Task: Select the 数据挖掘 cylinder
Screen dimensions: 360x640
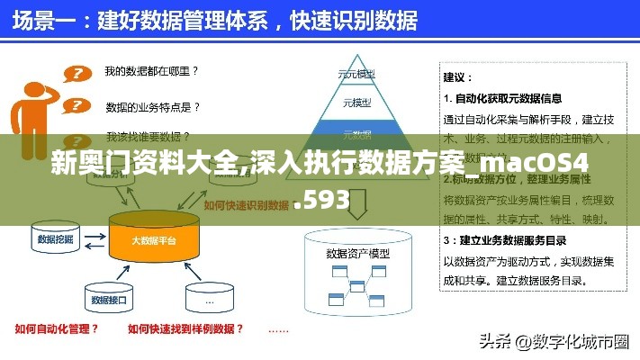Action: [55, 240]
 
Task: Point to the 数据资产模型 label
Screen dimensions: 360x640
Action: [357, 253]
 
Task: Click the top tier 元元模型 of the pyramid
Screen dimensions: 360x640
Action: [356, 74]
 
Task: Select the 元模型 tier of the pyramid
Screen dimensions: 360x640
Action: [356, 103]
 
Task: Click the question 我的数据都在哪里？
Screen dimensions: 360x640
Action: [151, 69]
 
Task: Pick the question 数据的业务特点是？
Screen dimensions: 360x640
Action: [152, 106]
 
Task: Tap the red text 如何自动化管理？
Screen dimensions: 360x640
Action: [57, 329]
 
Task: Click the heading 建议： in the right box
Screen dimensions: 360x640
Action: [458, 77]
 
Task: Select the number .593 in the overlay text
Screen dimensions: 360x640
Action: [321, 201]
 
